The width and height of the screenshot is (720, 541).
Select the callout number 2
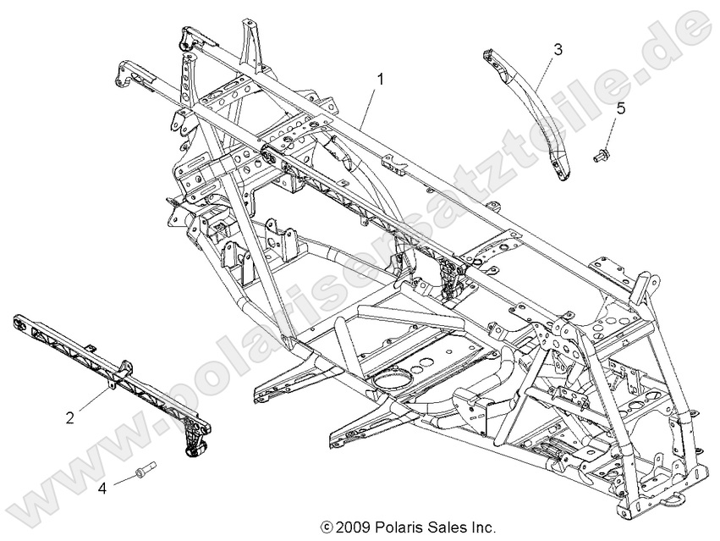pos(71,416)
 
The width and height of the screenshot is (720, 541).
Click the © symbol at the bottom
pos(326,527)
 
